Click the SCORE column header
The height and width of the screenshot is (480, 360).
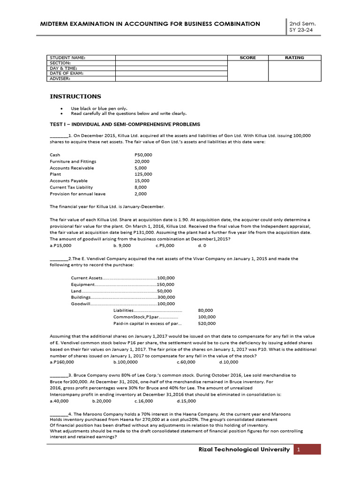point(247,58)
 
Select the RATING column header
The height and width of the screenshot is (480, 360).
point(294,58)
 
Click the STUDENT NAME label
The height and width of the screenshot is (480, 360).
point(67,58)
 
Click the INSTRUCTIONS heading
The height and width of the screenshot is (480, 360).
point(75,97)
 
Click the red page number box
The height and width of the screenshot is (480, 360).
point(308,450)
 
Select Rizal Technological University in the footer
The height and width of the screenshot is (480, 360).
point(244,450)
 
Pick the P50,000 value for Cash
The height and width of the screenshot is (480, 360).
point(143,155)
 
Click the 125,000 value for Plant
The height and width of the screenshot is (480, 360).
point(143,174)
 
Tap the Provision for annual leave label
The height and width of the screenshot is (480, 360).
point(78,194)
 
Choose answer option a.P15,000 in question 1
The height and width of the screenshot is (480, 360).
point(60,245)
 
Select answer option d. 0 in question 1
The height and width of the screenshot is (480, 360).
point(202,245)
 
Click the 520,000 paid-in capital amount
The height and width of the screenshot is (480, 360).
point(207,323)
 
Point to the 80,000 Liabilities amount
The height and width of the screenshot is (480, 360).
point(205,310)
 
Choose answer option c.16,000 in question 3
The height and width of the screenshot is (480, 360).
point(143,401)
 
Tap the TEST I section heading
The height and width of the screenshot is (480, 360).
point(125,124)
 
